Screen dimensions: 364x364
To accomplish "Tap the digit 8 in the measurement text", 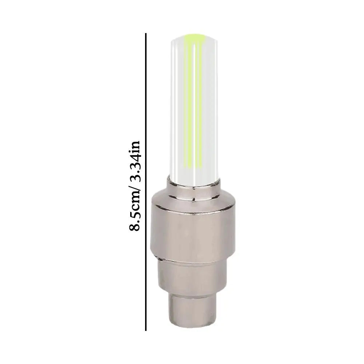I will (x=135, y=228).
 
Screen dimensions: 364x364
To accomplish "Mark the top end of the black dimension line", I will (x=146, y=34).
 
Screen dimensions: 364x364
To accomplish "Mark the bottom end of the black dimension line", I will (x=146, y=330).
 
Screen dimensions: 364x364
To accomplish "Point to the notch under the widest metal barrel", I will (x=160, y=259).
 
